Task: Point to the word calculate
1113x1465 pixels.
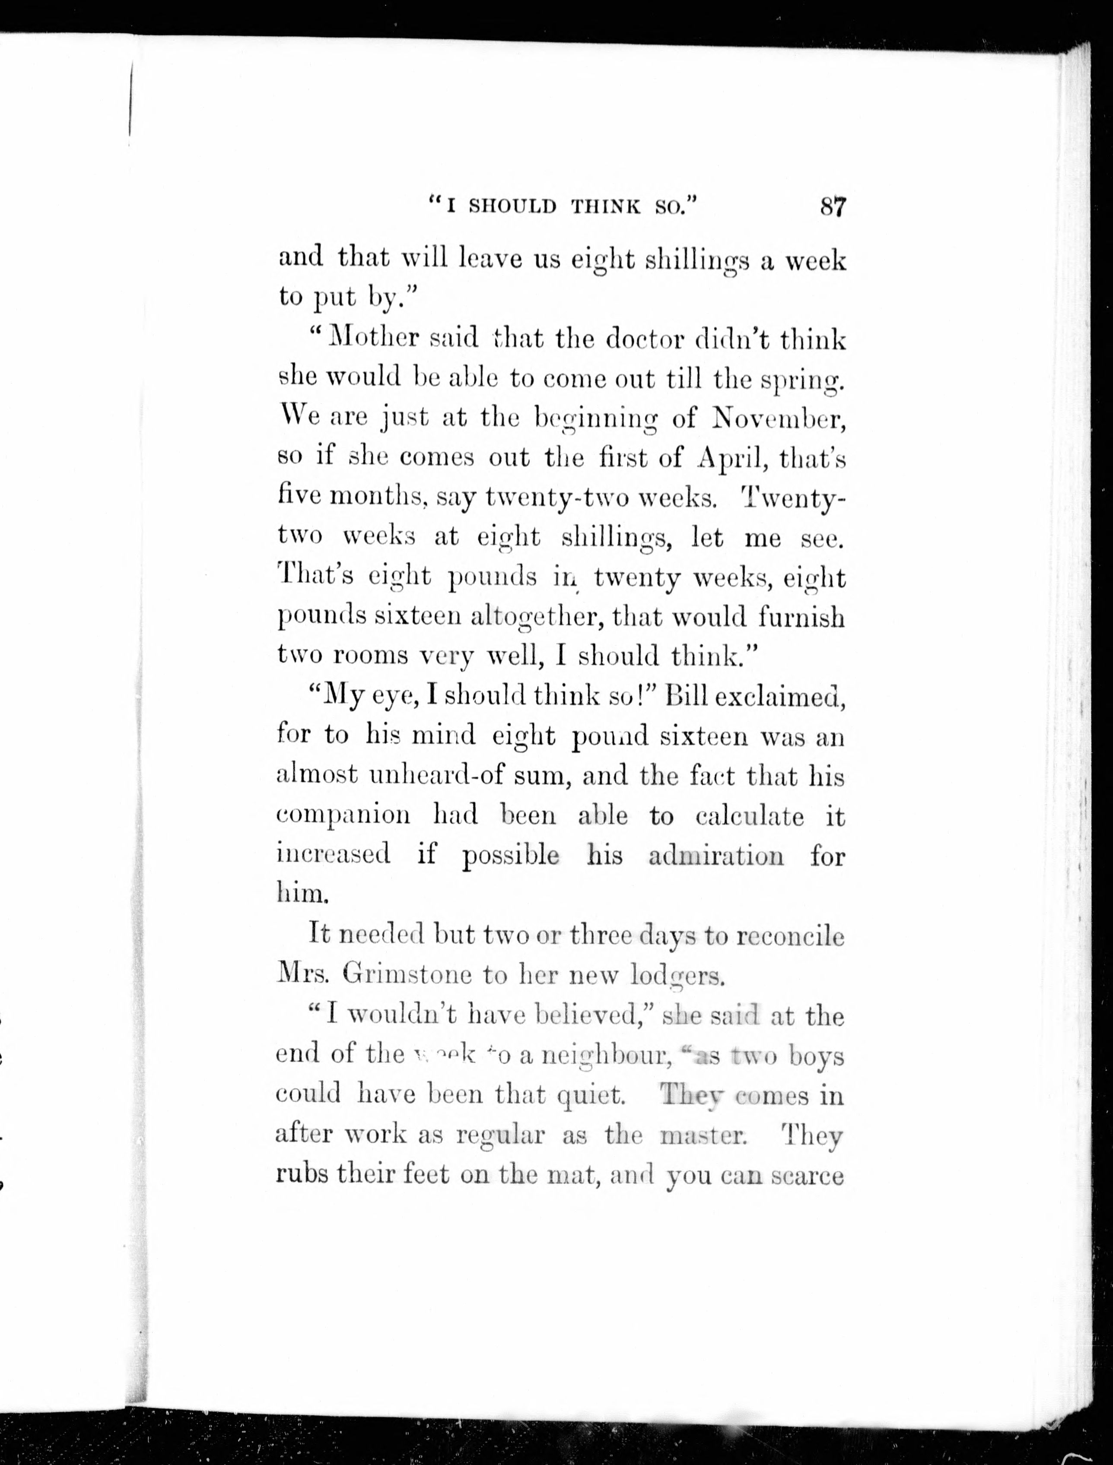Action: (749, 815)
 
